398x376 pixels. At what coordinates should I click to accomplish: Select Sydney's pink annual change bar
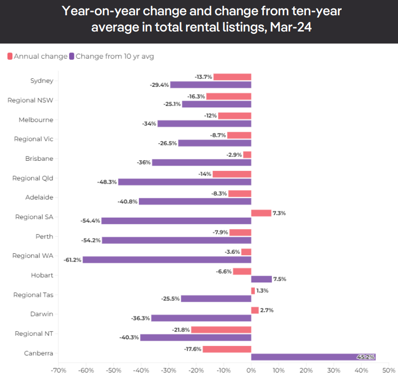coord(232,77)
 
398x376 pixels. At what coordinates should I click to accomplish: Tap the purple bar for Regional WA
coord(167,260)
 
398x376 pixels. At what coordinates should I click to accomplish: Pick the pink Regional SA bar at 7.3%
coord(261,213)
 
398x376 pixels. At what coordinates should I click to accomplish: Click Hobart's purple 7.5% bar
coord(261,279)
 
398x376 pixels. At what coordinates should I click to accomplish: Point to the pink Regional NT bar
coord(221,330)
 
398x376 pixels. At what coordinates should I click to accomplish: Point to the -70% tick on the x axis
coord(58,370)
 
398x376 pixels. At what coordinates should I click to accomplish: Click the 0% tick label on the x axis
coord(251,370)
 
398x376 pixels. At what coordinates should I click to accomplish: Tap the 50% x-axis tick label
coord(389,370)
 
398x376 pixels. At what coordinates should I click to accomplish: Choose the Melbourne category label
coord(36,120)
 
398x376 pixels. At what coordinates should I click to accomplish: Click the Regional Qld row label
coord(33,178)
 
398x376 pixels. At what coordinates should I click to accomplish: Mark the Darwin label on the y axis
coord(41,314)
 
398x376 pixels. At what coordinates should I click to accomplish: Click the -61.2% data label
coord(72,260)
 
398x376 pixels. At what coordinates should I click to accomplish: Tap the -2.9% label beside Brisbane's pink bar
coord(234,155)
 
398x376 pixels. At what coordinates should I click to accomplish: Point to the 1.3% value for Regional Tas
coord(262,291)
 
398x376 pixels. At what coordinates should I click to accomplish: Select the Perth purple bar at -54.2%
coord(176,240)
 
